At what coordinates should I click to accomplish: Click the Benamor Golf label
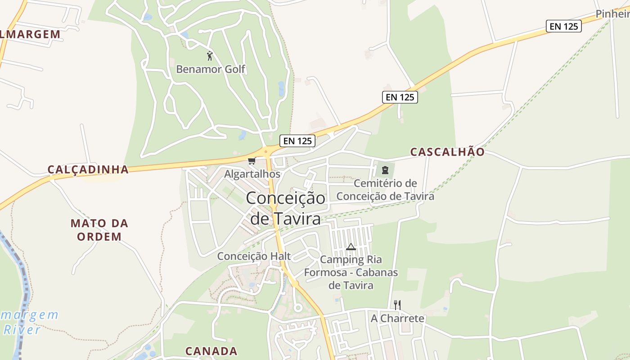[211, 69]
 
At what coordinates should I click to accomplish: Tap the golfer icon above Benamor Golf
[209, 56]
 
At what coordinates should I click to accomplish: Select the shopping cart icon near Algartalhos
[252, 161]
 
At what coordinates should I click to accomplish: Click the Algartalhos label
[252, 174]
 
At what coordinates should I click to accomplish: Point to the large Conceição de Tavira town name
[286, 208]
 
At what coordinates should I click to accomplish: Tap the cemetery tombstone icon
[385, 170]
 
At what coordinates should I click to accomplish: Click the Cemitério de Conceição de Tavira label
[385, 190]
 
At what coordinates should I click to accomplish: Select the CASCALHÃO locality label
[447, 152]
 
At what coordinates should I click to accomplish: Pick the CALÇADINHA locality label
[88, 170]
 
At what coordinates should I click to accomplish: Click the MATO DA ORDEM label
[99, 230]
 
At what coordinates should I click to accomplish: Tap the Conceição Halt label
[254, 256]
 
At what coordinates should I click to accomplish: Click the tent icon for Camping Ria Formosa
[351, 247]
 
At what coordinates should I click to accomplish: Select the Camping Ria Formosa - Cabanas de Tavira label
[351, 272]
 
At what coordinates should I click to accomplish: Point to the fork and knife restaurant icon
[397, 305]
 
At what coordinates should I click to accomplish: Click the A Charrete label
[397, 319]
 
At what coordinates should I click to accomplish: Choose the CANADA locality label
[211, 351]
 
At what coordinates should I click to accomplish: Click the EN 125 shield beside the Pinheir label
[564, 26]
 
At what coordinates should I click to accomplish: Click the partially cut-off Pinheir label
[612, 14]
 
